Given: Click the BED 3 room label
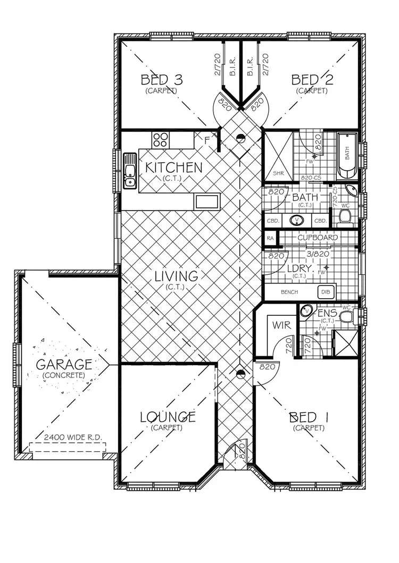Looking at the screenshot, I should pyautogui.click(x=161, y=80).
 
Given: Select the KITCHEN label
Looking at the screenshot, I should pyautogui.click(x=174, y=167).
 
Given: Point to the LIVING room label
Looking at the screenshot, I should pyautogui.click(x=177, y=276).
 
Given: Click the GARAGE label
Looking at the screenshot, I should pyautogui.click(x=64, y=365).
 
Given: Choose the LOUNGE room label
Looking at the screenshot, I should pyautogui.click(x=168, y=417).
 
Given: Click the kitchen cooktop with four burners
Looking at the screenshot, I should pyautogui.click(x=160, y=140).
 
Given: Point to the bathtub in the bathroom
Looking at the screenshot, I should pyautogui.click(x=347, y=156).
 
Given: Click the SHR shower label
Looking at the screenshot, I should pyautogui.click(x=278, y=173).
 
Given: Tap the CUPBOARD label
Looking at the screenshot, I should pyautogui.click(x=318, y=237).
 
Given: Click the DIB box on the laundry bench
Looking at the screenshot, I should pyautogui.click(x=325, y=292).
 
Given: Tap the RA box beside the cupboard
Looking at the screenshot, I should pyautogui.click(x=271, y=238).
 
